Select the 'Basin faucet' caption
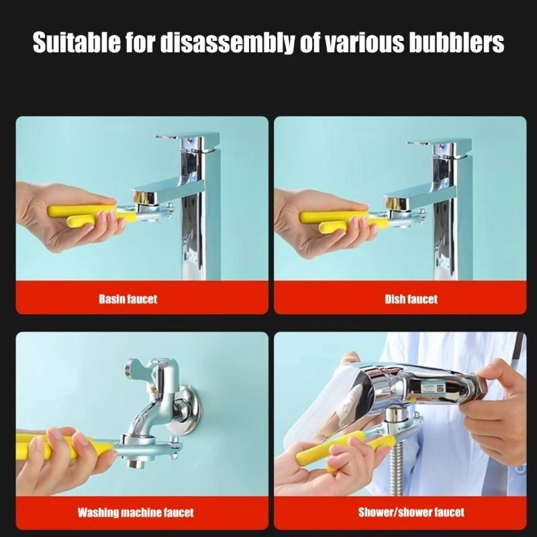click(x=128, y=299)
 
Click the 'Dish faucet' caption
click(x=410, y=299)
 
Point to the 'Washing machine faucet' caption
click(x=135, y=513)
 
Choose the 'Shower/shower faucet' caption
click(x=411, y=513)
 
